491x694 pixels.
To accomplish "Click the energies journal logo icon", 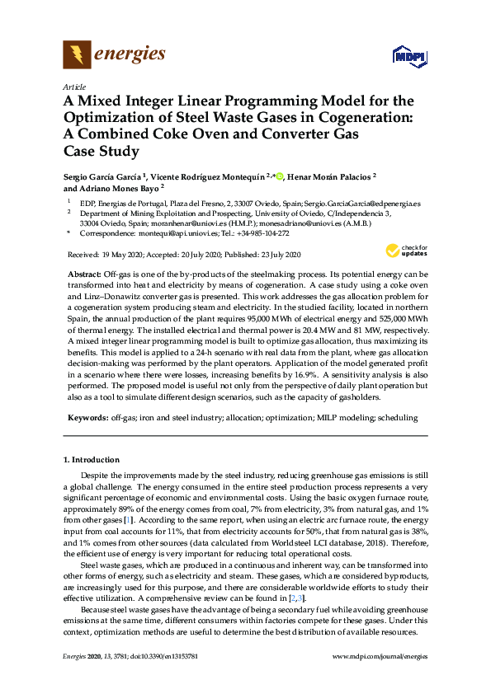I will point(77,55).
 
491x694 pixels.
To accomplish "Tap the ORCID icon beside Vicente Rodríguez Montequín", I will point(280,176).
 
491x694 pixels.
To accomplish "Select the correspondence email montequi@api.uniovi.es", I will point(168,233).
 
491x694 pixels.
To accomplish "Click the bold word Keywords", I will point(87,418).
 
